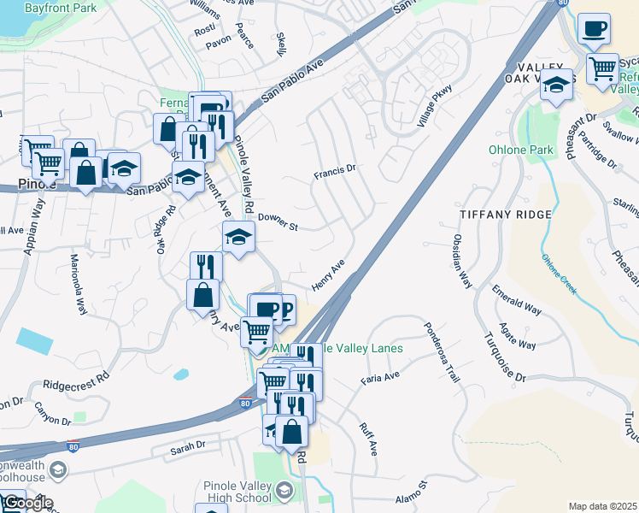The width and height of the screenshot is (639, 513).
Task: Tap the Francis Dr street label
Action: point(333,172)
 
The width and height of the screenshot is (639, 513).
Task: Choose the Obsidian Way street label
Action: point(462,262)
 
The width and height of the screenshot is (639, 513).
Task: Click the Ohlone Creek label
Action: point(558,271)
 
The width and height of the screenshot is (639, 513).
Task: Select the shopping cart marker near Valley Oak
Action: point(603,67)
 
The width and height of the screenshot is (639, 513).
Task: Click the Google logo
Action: point(27,502)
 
